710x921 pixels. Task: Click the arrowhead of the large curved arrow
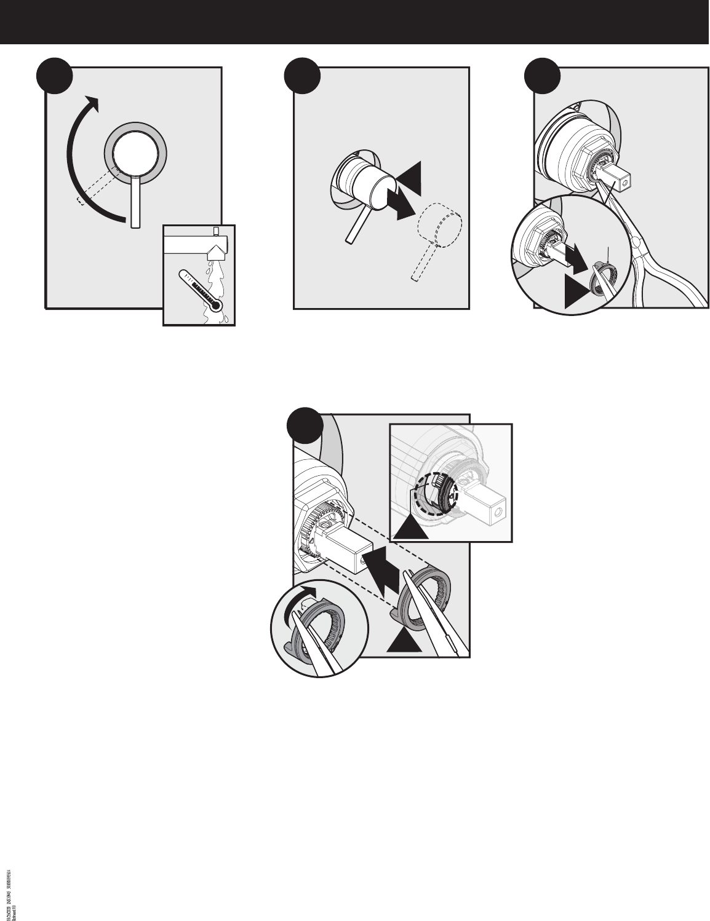(90, 103)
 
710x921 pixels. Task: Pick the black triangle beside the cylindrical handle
(410, 175)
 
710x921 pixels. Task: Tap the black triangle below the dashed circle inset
(409, 524)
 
